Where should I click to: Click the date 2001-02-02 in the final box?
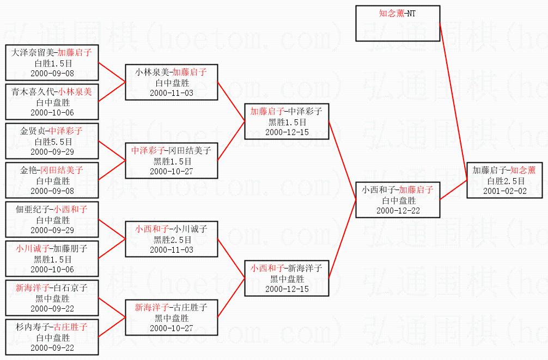pos(504,191)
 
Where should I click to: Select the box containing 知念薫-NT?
pos(398,23)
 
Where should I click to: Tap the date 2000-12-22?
pos(398,210)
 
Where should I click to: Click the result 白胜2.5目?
pos(504,181)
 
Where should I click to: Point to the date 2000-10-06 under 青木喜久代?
pos(52,113)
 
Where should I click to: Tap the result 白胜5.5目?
pos(53,142)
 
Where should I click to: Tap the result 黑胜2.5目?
pos(172,240)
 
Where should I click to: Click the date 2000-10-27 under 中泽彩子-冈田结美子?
pos(171,171)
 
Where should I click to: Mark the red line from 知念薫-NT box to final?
pos(453,102)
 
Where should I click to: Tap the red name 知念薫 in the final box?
pos(523,170)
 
